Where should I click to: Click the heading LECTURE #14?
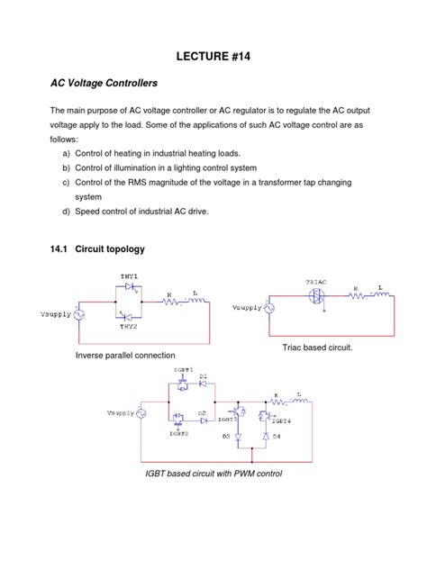213,56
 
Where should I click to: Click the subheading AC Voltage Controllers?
104,83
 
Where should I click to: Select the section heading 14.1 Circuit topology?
97,248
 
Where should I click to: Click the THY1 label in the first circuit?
130,275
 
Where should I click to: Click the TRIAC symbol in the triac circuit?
316,294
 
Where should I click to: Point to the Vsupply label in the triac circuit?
246,307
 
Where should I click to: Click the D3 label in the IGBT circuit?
226,437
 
